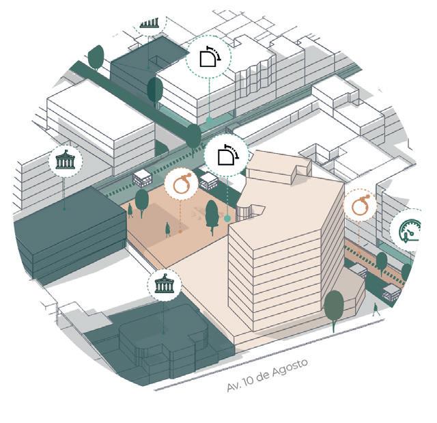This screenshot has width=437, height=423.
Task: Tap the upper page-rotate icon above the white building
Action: coord(209,57)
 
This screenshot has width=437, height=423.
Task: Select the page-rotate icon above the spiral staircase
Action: coord(227,156)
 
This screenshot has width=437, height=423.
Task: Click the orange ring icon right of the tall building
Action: coord(360,204)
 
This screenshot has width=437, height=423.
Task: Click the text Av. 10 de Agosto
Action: coord(267,374)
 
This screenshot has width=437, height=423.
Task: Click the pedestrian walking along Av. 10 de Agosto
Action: coord(375,309)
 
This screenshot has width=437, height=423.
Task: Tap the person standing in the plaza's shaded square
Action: coord(167,230)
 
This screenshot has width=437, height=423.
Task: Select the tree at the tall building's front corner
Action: coord(334,307)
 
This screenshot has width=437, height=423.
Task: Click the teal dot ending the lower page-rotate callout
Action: coord(227,219)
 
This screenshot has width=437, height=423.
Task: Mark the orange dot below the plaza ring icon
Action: coord(180,232)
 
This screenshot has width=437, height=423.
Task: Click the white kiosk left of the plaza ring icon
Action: coord(143,178)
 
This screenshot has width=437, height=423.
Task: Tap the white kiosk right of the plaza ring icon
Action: coord(208,181)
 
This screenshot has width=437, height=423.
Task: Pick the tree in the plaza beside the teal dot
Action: coord(212,215)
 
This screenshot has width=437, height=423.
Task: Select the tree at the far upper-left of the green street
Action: coord(96,57)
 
